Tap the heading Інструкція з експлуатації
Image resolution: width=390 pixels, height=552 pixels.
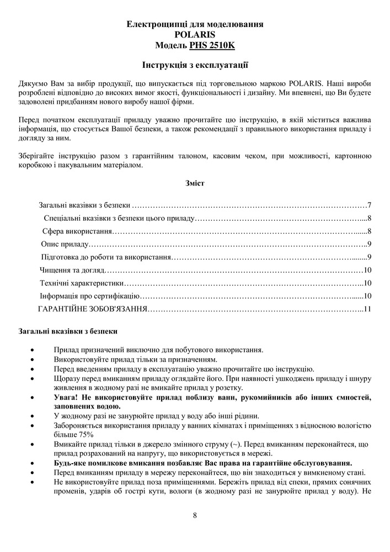tap(195, 66)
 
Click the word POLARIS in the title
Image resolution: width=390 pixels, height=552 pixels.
tap(195, 34)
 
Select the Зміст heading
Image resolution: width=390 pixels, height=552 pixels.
tap(195, 183)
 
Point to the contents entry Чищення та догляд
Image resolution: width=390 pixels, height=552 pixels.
tap(72, 270)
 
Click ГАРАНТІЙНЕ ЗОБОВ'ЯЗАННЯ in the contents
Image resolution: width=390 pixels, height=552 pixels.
tap(92, 309)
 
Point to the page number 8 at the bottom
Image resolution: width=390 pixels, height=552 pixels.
tap(195, 516)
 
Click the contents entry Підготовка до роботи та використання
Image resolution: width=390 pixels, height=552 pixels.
tap(106, 257)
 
